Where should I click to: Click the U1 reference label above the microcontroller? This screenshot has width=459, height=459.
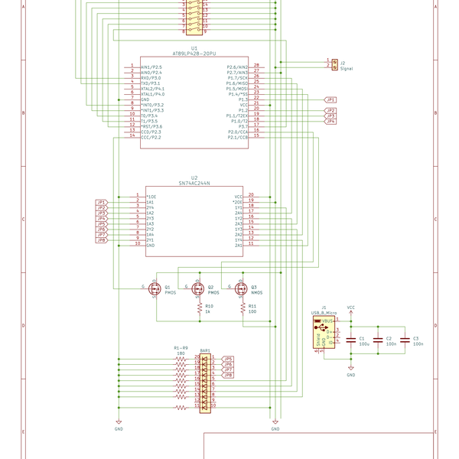pos(194,47)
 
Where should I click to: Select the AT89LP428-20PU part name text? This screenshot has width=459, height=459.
pos(194,53)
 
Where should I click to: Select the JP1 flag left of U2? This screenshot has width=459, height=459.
pos(100,202)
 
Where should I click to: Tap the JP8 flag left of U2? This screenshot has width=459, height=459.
pos(100,240)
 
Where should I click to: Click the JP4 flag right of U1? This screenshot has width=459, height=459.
pos(330,122)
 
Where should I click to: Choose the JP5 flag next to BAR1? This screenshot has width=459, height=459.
pos(227,358)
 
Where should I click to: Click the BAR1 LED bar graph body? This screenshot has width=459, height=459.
pos(204,382)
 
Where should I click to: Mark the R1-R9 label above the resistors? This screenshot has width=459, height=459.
pos(181,348)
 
